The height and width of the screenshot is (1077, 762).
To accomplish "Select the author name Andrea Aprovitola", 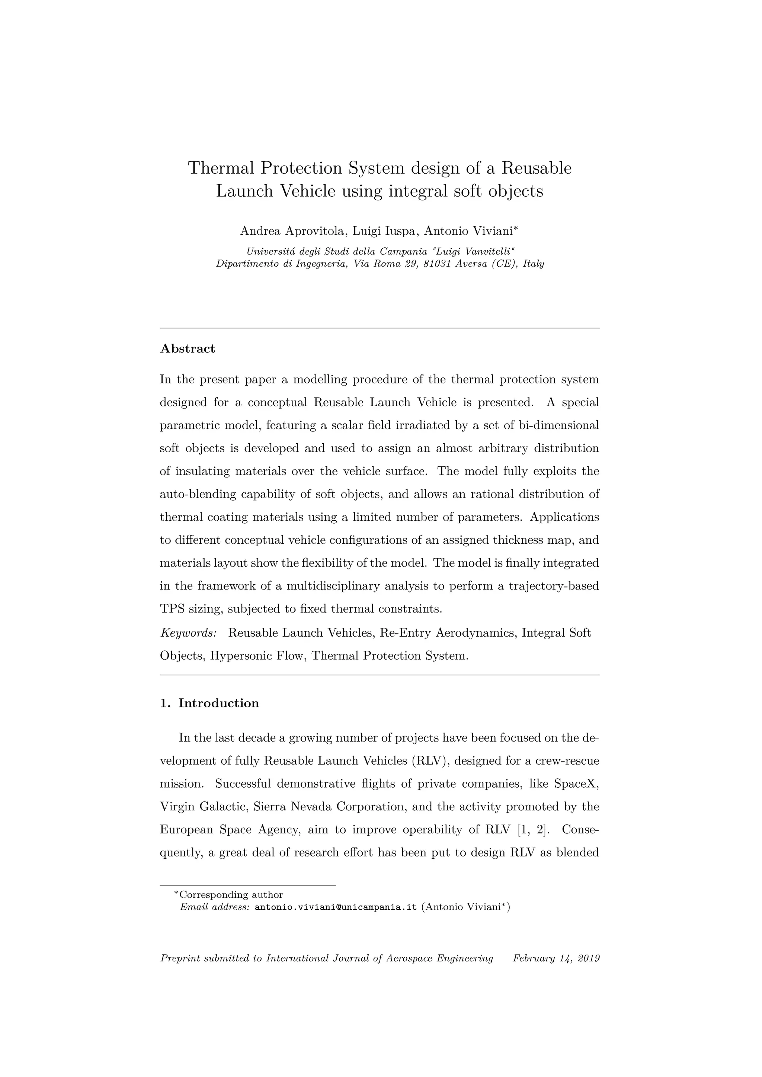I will point(293,231).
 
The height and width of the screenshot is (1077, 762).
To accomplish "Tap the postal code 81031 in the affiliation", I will point(437,264).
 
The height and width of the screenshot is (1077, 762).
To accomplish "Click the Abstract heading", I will point(187,348).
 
